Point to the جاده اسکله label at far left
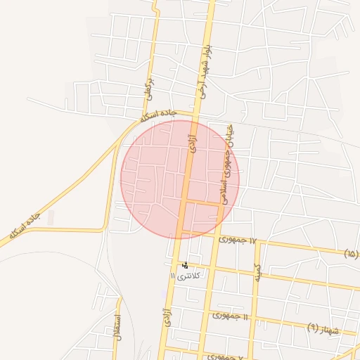(x=24, y=224)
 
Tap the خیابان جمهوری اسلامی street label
(x=227, y=166)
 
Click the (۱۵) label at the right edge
(x=351, y=253)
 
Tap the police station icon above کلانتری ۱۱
(x=185, y=265)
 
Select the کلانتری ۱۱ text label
(x=187, y=275)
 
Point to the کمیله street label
(x=257, y=273)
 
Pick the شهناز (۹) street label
(x=323, y=328)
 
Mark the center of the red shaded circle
(x=180, y=179)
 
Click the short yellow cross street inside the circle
(x=203, y=202)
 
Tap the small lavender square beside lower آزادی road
(x=164, y=293)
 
